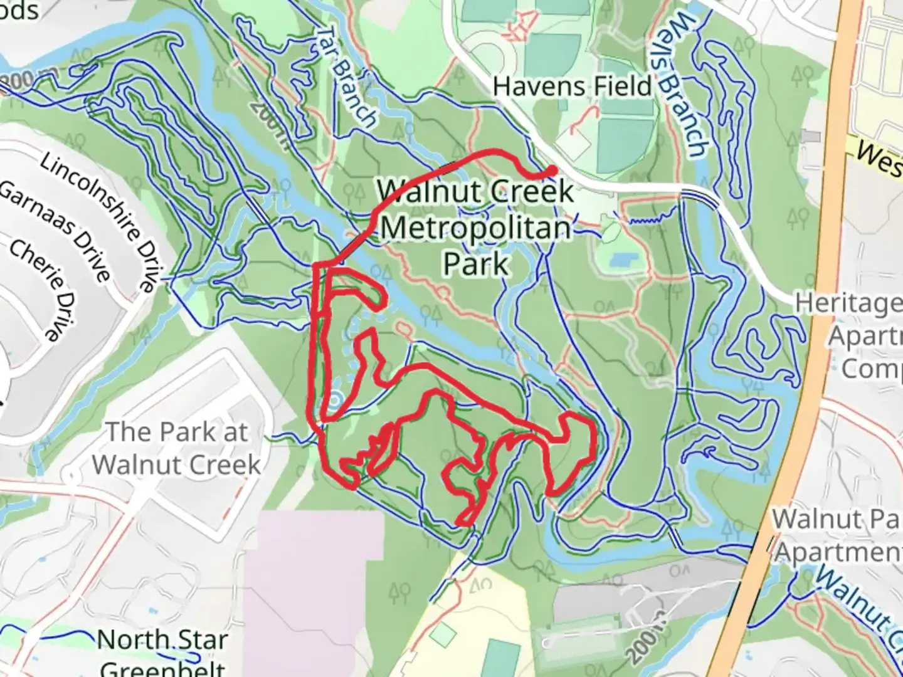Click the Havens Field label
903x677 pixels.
coord(572,87)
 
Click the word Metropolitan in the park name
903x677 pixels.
coord(475,227)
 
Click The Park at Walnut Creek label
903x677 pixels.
coord(176,448)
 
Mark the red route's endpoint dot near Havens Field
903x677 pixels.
coord(551,170)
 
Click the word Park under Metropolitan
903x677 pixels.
coord(475,263)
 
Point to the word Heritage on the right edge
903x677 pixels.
coord(849,303)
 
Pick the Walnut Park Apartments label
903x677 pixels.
coord(837,535)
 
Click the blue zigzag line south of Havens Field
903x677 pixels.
coord(646,219)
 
